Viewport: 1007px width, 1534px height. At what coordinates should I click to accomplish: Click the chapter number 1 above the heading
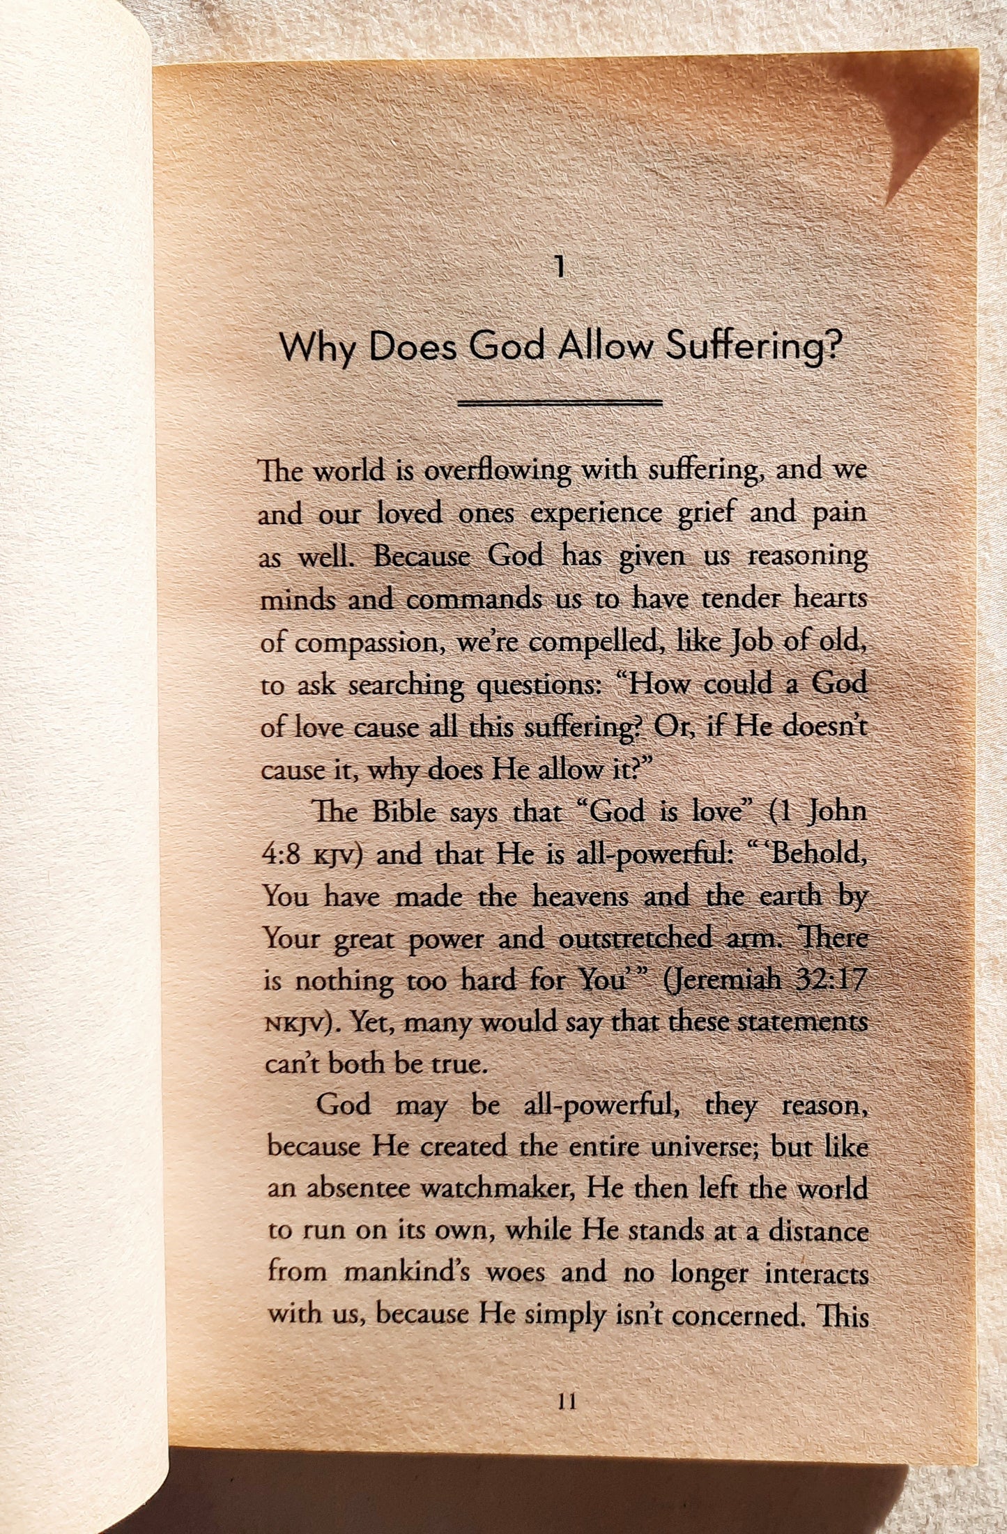558,268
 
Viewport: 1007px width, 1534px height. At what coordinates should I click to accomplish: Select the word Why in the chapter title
318,348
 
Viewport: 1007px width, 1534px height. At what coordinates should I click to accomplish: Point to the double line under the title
560,403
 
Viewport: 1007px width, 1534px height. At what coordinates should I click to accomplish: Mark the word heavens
582,896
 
